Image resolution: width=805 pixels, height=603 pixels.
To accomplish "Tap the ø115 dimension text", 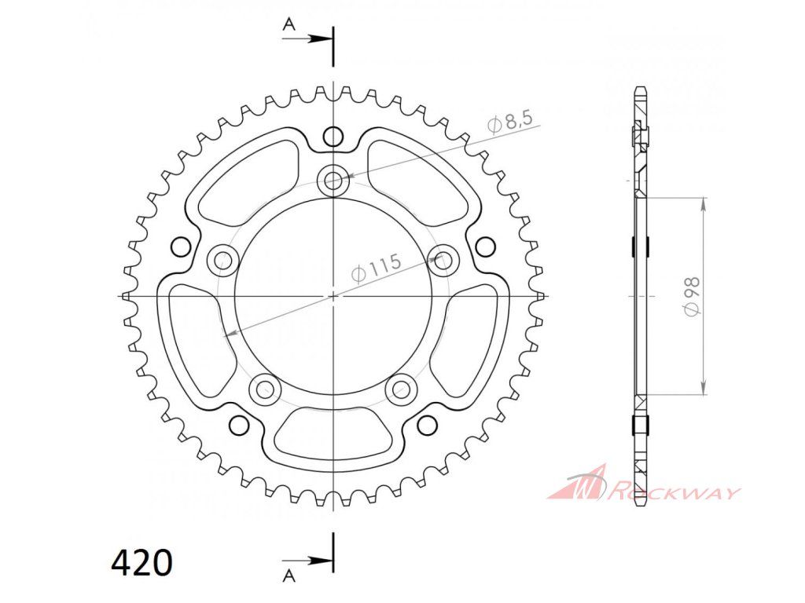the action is pos(376,268).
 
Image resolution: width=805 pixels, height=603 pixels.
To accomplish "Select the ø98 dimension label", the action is pos(692,296).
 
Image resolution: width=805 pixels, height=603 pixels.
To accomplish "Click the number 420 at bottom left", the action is pos(142,562).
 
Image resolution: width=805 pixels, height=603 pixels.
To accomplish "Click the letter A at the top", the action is pos(289,24).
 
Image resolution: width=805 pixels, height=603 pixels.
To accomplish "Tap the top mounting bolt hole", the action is pos(333,180).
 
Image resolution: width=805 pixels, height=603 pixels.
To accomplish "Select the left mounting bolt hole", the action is pos(222,260).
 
